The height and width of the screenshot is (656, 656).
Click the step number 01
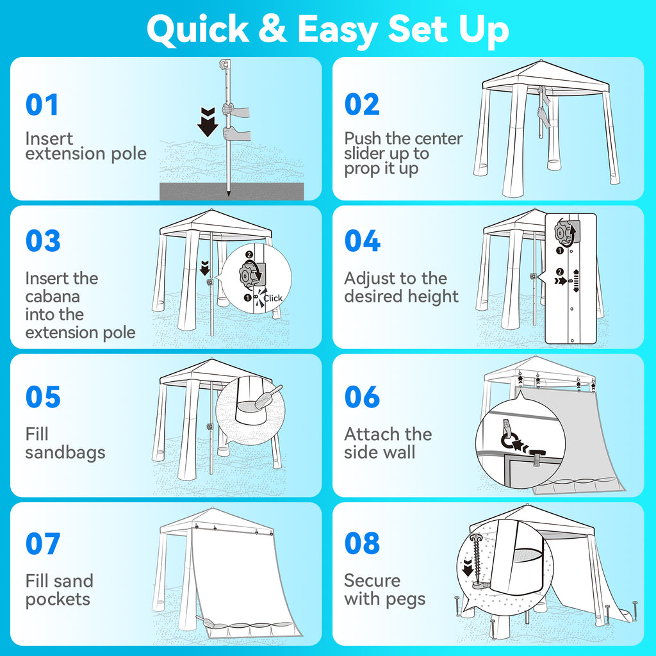[x=42, y=104]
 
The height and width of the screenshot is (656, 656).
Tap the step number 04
[x=363, y=241]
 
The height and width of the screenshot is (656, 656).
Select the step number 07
[x=43, y=543]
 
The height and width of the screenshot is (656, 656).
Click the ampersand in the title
[x=272, y=29]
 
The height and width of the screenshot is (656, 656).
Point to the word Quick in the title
[x=198, y=29]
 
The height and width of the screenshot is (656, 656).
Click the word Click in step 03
[x=273, y=299]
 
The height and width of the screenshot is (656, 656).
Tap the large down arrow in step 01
[x=208, y=122]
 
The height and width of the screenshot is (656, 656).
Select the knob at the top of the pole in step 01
[x=225, y=65]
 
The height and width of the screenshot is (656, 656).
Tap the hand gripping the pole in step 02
[x=543, y=113]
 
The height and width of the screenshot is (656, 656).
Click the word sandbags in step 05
[x=65, y=453]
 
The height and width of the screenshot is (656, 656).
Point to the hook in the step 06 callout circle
[x=507, y=435]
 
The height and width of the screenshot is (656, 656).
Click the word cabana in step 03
[x=53, y=296]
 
